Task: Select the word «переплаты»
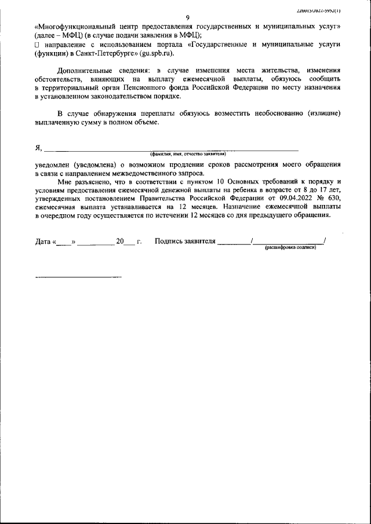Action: [x=154, y=113]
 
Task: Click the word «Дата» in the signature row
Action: [x=43, y=241]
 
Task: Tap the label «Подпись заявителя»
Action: [x=185, y=241]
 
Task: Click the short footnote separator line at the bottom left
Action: [x=78, y=277]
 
